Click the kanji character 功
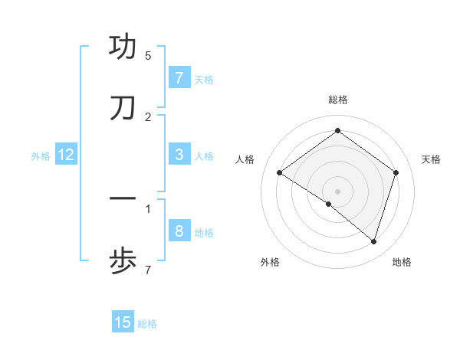(x=123, y=47)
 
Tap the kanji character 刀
(x=123, y=109)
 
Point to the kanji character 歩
(x=123, y=262)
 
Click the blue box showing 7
(x=179, y=77)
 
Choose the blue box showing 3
(x=179, y=155)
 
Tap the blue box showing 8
(x=179, y=231)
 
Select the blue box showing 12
(x=65, y=155)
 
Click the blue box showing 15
(x=123, y=322)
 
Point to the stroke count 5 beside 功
(x=148, y=56)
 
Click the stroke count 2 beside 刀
(x=148, y=117)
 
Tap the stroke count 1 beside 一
(x=148, y=208)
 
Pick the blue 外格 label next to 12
(x=41, y=155)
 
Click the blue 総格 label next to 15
(x=147, y=323)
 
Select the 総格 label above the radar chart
(x=337, y=100)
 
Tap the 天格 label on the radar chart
(x=431, y=159)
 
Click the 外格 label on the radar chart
(x=270, y=262)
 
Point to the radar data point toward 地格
(x=373, y=241)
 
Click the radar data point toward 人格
(x=280, y=173)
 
